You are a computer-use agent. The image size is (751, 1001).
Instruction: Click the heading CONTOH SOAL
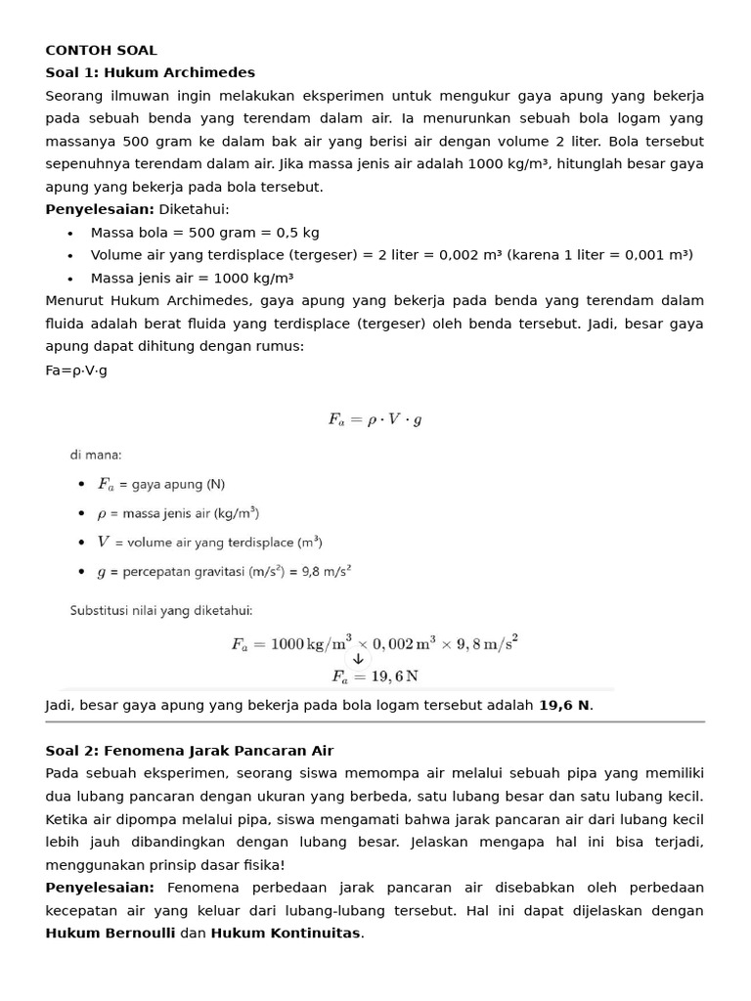101,50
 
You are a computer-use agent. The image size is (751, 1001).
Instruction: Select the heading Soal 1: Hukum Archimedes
150,72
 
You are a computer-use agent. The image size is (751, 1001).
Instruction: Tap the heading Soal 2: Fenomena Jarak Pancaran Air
189,751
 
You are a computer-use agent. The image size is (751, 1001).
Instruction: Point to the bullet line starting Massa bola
204,233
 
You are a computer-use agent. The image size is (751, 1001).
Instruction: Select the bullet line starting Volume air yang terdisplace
391,255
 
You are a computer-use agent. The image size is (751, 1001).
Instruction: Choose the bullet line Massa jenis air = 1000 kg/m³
192,278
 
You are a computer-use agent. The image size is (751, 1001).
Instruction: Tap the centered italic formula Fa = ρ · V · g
375,419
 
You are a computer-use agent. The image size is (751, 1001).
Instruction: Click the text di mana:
95,455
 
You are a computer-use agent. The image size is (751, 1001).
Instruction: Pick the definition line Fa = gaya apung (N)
161,484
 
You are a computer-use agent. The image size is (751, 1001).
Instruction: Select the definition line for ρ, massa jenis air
178,512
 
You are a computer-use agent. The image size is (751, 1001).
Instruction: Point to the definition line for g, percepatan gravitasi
224,571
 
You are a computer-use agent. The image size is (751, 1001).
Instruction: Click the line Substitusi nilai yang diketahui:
160,610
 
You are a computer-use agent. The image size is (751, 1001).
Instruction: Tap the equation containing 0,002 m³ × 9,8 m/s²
375,642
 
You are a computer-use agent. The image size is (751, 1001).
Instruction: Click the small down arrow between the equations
358,659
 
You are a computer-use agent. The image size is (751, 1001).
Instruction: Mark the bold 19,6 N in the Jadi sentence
564,705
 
